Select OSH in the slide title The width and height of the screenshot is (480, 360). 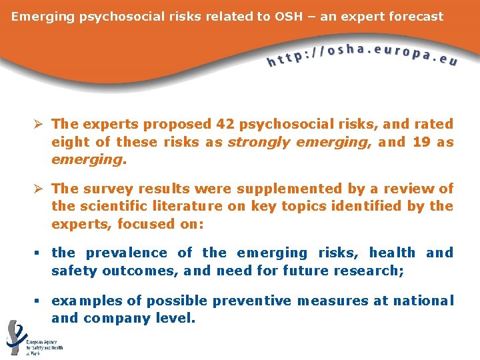pos(288,16)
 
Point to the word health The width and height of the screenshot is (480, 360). pos(392,253)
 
